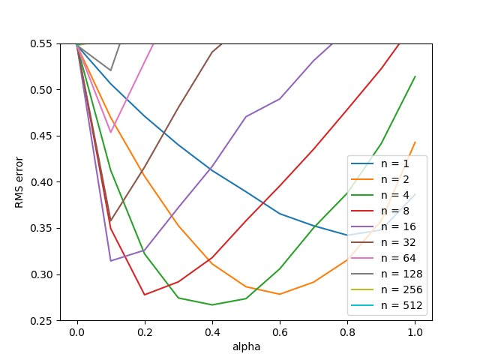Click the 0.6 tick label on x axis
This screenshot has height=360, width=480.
(280, 331)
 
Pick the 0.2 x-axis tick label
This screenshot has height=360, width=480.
(145, 331)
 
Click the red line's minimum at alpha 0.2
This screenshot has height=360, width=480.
(145, 295)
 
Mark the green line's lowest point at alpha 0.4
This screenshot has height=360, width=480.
(212, 304)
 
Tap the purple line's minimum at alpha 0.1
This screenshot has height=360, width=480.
(111, 261)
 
